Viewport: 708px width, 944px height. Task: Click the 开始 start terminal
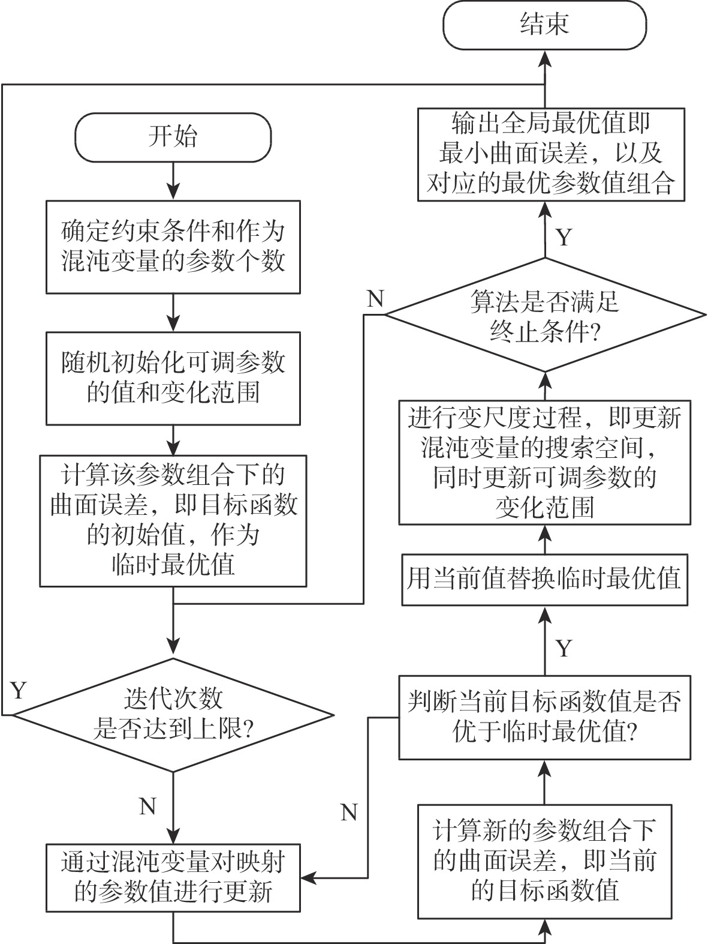coord(173,137)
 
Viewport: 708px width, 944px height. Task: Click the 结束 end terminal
coord(544,25)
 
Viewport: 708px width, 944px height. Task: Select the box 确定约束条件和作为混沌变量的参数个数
coord(173,247)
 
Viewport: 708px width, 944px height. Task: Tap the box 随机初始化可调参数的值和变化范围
coord(173,378)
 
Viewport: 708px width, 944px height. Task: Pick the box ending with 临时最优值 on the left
coord(173,520)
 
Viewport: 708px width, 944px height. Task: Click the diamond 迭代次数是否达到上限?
coord(173,715)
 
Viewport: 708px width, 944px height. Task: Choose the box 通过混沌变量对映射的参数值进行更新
coord(173,878)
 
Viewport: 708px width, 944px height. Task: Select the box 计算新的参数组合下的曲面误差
coord(544,862)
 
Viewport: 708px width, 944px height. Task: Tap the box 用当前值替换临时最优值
coord(544,580)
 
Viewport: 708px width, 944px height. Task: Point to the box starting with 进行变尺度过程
coord(544,463)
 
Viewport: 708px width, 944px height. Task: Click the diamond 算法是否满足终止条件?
coord(544,314)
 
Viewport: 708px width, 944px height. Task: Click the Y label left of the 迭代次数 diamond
coord(19,690)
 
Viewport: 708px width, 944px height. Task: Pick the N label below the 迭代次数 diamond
coord(147,806)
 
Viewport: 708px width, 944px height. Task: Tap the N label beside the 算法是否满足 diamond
coord(375,298)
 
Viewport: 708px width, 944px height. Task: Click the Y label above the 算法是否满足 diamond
coord(564,238)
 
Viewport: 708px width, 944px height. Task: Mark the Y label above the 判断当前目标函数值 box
coord(564,648)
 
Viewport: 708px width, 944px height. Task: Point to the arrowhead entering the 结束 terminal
coord(544,57)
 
